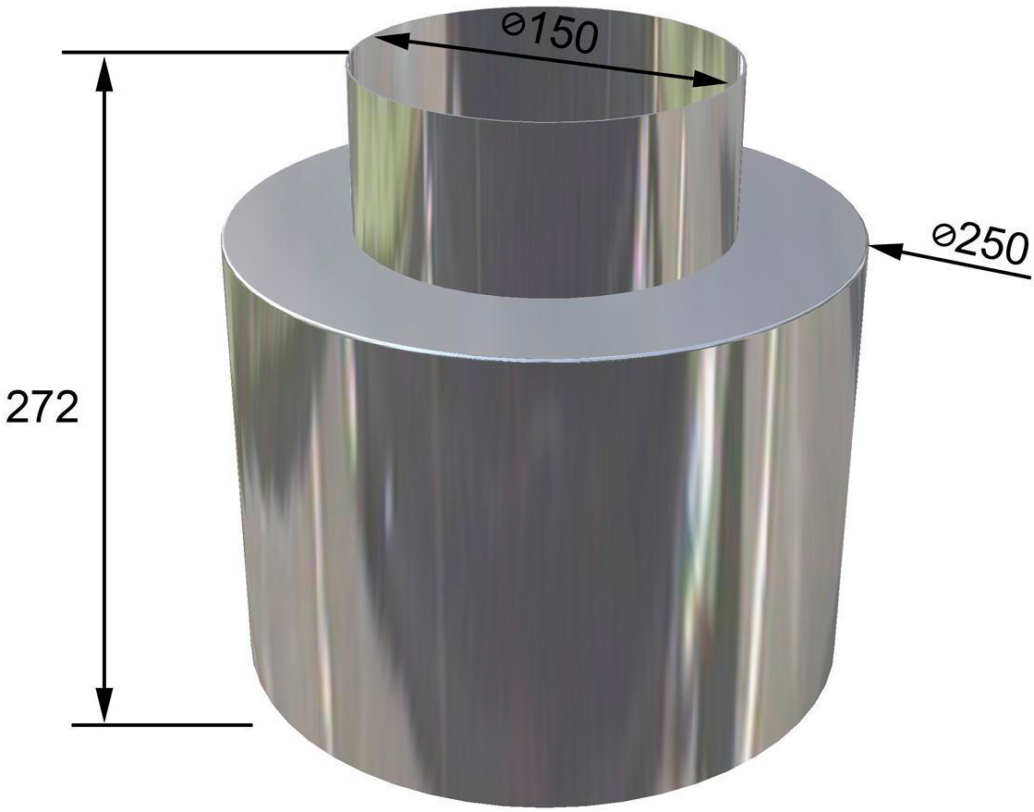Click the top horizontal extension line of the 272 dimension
205,52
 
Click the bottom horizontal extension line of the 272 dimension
162,725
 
